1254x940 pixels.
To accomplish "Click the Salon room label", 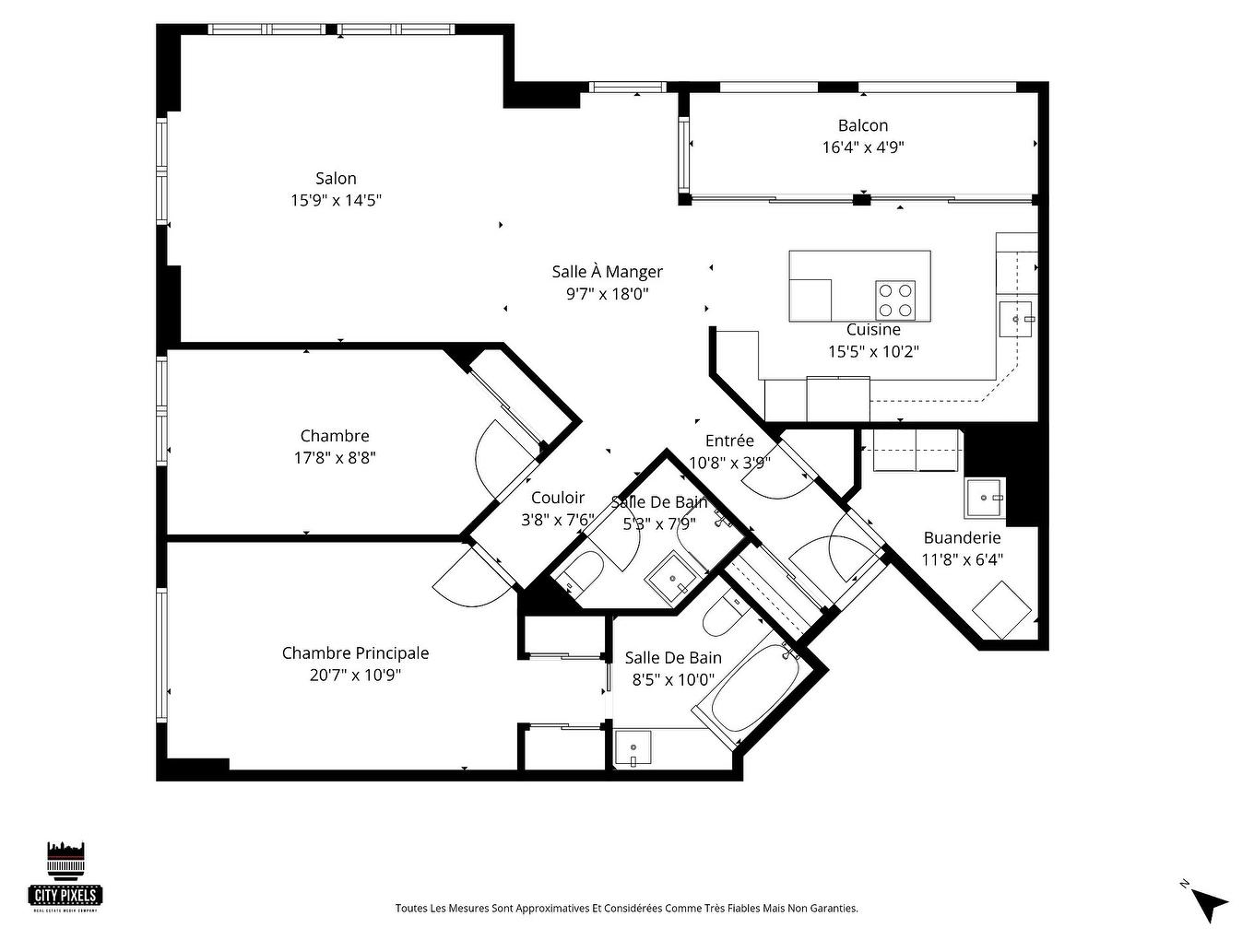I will pos(336,179).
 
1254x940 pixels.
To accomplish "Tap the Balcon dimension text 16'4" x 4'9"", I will pos(863,147).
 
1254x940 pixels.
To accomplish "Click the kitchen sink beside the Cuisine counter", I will pos(1017,319).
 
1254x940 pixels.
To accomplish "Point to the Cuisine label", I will pos(873,330).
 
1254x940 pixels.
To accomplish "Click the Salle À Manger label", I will pos(607,272).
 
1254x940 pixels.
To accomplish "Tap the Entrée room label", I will pos(729,441).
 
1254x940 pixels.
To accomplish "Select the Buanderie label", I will pos(962,537).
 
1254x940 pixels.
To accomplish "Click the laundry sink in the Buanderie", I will pos(985,499).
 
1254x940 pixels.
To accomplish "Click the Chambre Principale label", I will pos(355,653).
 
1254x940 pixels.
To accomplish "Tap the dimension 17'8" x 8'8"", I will pos(335,458).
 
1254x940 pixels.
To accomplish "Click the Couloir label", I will pos(557,499).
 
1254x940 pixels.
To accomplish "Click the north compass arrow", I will pos(1211,902).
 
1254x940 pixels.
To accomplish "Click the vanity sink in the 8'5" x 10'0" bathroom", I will pos(633,747).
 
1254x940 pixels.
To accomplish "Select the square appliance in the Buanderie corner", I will pos(1003,609).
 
